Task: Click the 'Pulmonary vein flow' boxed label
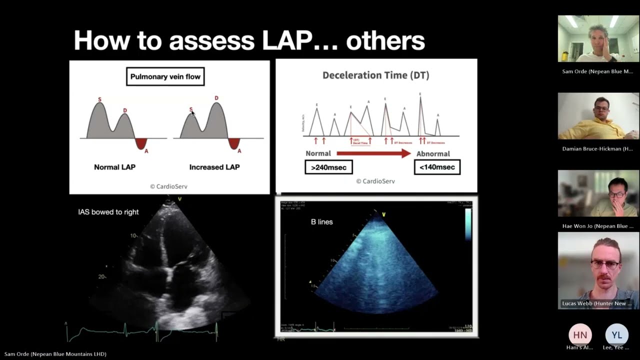pyautogui.click(x=165, y=76)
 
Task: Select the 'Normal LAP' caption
pyautogui.click(x=114, y=167)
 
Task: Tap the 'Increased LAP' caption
pyautogui.click(x=214, y=167)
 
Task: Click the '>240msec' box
pyautogui.click(x=328, y=167)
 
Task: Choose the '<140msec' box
pyautogui.click(x=437, y=167)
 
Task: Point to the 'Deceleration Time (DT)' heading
pyautogui.click(x=375, y=75)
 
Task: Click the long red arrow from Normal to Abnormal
pyautogui.click(x=373, y=153)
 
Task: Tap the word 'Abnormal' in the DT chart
pyautogui.click(x=433, y=153)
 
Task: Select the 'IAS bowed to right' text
pyautogui.click(x=108, y=212)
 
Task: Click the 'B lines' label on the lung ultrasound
pyautogui.click(x=321, y=221)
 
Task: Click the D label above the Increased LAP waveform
pyautogui.click(x=216, y=98)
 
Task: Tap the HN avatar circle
pyautogui.click(x=580, y=335)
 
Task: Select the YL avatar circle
pyautogui.click(x=616, y=335)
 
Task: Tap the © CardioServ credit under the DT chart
pyautogui.click(x=375, y=181)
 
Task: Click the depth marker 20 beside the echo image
pyautogui.click(x=102, y=276)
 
